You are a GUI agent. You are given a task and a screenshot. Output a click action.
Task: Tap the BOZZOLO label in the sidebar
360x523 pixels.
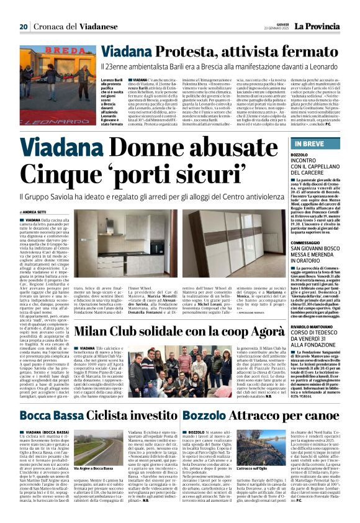pyautogui.click(x=299, y=154)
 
